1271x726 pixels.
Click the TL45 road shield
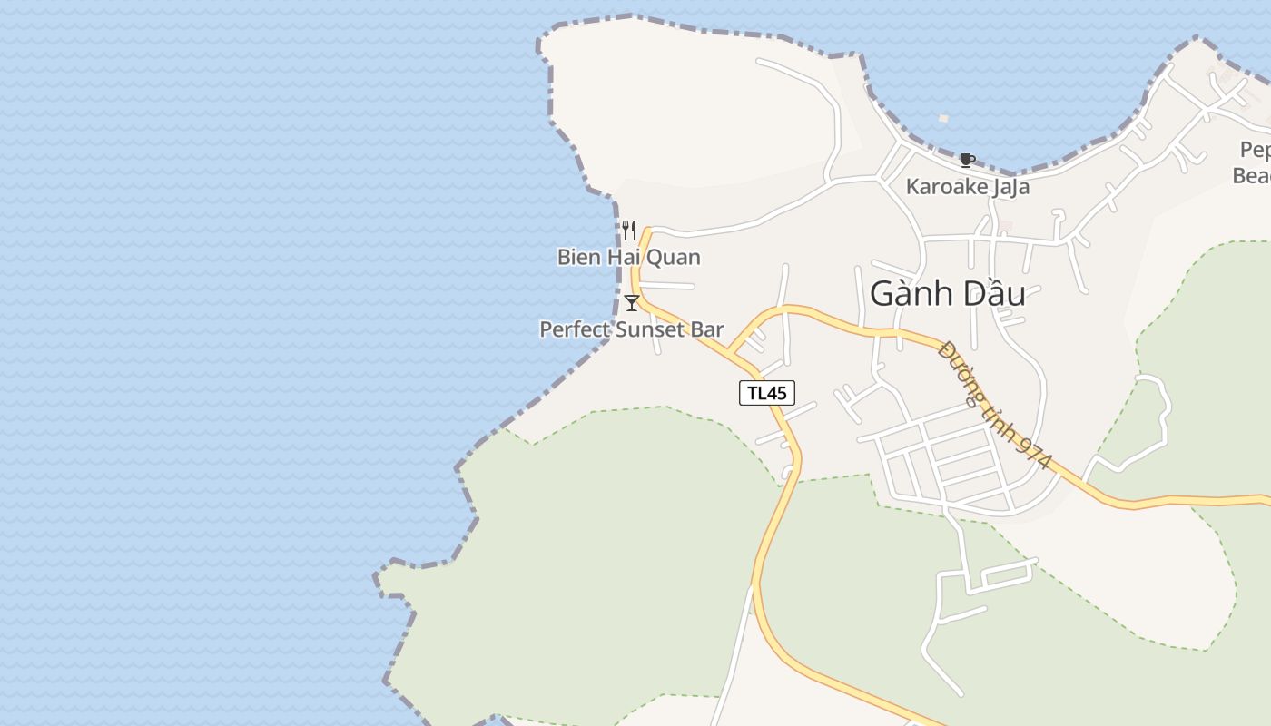click(x=766, y=393)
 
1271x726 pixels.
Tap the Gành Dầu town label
click(x=947, y=293)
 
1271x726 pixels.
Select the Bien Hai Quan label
click(x=628, y=257)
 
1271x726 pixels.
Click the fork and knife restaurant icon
click(x=628, y=231)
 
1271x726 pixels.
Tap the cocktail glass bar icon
click(x=632, y=303)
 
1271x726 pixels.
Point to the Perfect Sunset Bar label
click(x=632, y=329)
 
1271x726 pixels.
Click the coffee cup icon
click(x=967, y=161)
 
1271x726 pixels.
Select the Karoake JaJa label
click(x=967, y=187)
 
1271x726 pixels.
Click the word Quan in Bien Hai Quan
click(x=675, y=257)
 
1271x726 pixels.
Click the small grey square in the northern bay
click(x=943, y=118)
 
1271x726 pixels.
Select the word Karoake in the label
click(x=943, y=187)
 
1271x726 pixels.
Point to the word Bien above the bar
click(x=578, y=257)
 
